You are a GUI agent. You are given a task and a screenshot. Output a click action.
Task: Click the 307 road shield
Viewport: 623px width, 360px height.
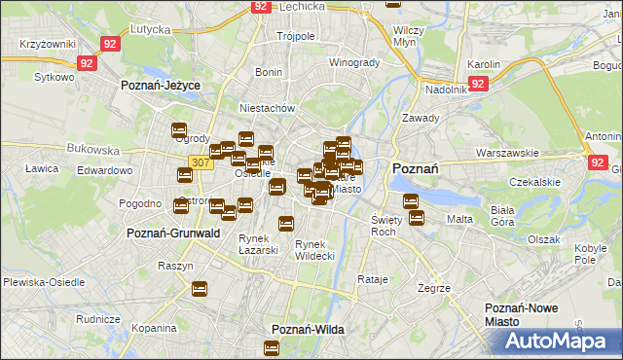[201, 162]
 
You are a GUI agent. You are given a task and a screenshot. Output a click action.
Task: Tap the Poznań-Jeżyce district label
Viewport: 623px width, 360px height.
[160, 86]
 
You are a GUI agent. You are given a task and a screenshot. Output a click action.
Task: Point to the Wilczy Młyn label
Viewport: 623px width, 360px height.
[407, 36]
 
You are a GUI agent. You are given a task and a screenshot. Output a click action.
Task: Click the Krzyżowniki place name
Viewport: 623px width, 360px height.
[47, 46]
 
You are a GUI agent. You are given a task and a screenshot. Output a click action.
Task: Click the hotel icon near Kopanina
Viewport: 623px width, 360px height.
[200, 289]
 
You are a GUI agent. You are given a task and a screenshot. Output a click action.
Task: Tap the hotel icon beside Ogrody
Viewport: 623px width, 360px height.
[179, 130]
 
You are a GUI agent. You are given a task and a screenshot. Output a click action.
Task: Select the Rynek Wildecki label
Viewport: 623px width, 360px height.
[314, 250]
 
